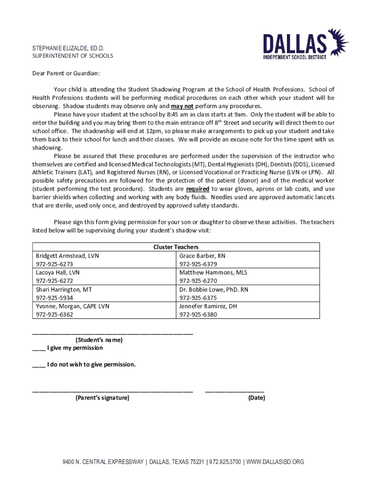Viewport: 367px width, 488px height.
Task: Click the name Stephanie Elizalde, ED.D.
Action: pos(68,48)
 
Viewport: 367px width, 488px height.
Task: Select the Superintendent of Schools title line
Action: pos(72,56)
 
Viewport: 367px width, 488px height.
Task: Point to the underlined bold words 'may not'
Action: pos(182,106)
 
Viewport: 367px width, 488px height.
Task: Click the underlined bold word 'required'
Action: pos(197,189)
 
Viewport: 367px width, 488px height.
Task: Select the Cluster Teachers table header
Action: pos(175,247)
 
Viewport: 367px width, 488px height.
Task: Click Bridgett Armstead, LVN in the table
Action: pos(67,255)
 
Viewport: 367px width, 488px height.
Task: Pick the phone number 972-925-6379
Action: pos(198,264)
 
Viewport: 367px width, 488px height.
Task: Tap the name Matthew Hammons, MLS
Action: pos(213,273)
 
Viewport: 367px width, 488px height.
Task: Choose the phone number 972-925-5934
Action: pos(54,298)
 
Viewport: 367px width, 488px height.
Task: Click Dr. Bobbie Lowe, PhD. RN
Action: pos(214,289)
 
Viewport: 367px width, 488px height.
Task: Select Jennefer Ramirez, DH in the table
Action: pos(208,306)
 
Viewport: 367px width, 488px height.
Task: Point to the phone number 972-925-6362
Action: pos(54,315)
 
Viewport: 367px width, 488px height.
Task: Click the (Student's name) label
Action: pos(99,340)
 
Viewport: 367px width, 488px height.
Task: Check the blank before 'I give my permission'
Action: pos(39,348)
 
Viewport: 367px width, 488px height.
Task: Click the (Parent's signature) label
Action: pos(102,397)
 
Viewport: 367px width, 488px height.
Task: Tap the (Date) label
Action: pos(256,397)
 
